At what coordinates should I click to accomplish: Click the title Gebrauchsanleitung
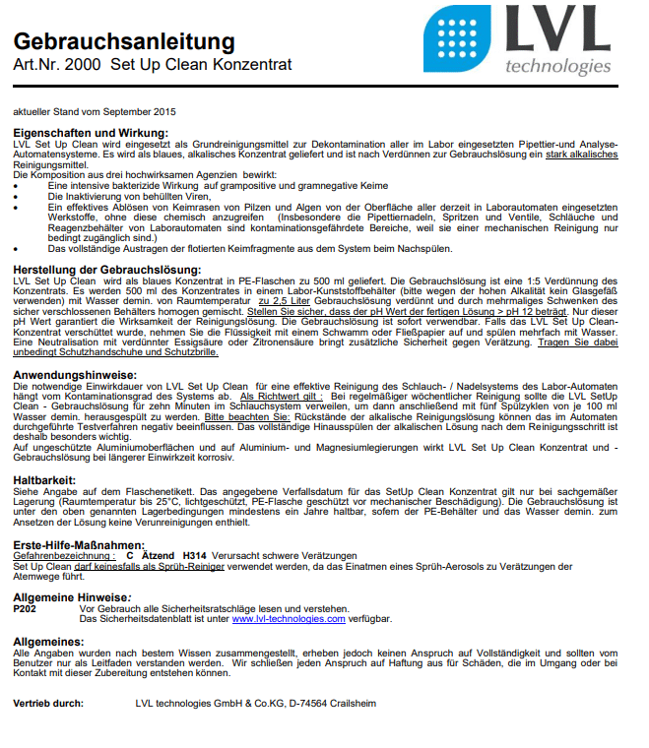click(124, 41)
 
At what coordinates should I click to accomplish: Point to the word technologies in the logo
click(557, 67)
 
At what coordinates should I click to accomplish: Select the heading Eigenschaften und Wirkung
click(91, 133)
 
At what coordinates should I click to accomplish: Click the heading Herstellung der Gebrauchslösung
click(107, 270)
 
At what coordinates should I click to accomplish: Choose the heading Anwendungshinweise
click(74, 374)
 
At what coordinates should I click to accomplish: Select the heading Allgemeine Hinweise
click(72, 598)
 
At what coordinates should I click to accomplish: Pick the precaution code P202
click(27, 609)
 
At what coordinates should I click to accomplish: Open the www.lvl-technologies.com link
click(289, 620)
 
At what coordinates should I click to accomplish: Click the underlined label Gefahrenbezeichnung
click(57, 557)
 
